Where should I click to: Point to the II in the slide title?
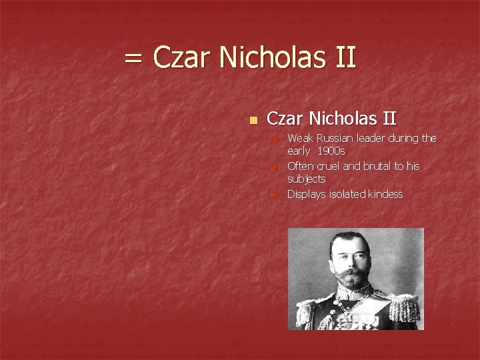tap(344, 58)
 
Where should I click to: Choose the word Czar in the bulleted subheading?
tap(283, 119)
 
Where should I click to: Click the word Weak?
tap(300, 139)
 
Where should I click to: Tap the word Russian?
tap(335, 139)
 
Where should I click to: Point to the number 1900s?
tap(331, 151)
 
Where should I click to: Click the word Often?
tap(300, 166)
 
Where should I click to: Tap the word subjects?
tap(306, 179)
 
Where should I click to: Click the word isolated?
tap(344, 194)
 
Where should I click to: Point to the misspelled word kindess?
tap(385, 194)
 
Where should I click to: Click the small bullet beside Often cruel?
tap(274, 167)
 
